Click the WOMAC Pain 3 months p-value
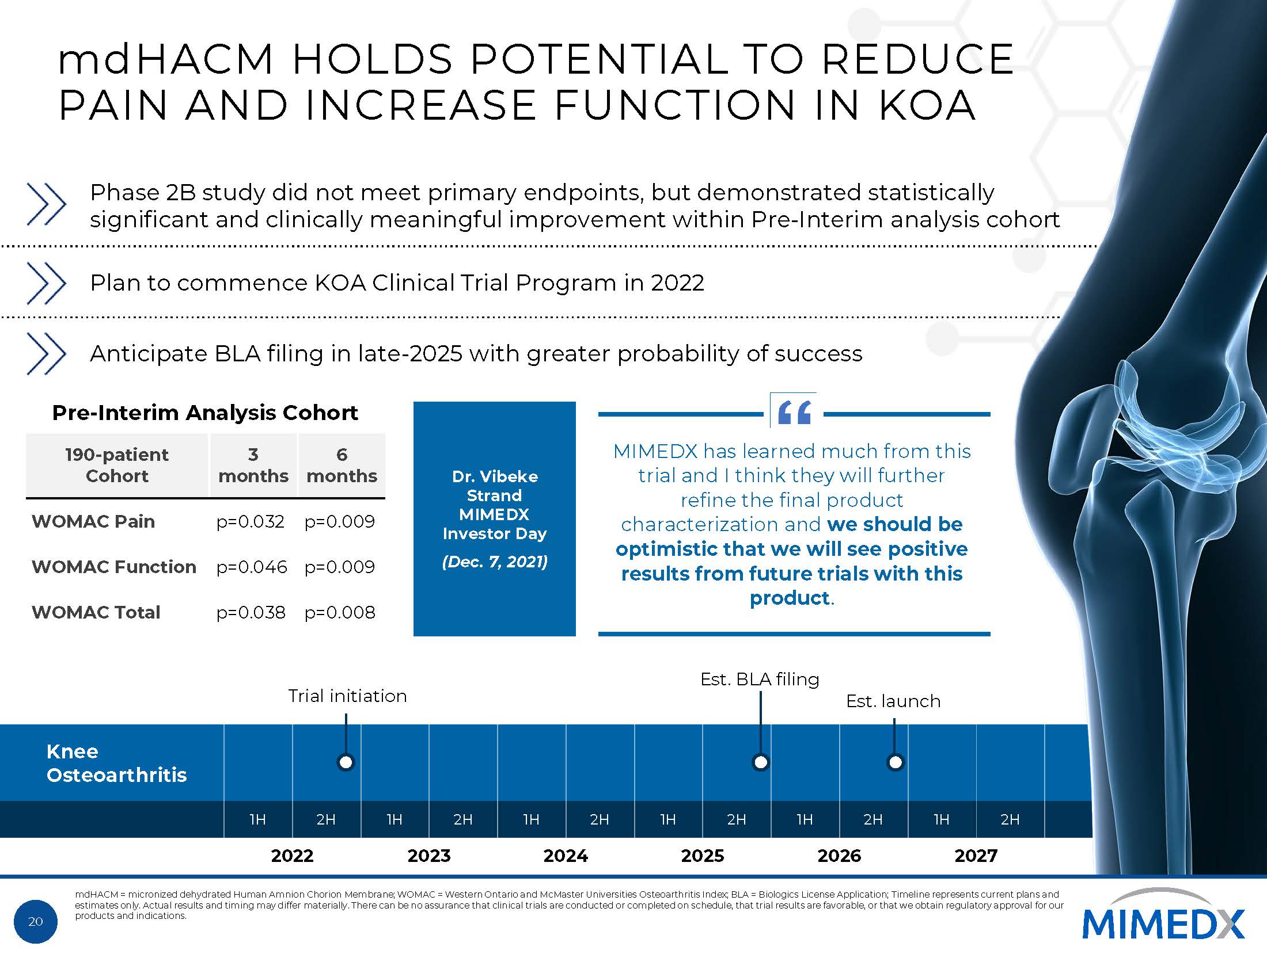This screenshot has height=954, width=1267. [x=251, y=521]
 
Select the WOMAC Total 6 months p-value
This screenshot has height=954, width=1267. [x=340, y=612]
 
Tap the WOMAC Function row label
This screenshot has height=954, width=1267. [x=114, y=567]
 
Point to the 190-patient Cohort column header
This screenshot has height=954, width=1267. [x=117, y=465]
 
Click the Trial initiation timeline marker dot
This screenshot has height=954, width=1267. [x=346, y=762]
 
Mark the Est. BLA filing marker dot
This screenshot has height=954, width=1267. [x=761, y=762]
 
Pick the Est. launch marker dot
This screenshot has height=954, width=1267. [x=895, y=762]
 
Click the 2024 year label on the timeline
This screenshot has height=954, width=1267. [x=566, y=856]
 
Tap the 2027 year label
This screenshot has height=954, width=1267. [x=976, y=856]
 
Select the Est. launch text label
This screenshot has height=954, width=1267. [x=893, y=701]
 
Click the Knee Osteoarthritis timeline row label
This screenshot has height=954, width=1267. [x=116, y=763]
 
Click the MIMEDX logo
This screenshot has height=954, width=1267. [x=1163, y=923]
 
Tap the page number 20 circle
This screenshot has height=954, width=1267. [x=36, y=921]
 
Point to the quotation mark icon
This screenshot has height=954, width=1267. [x=794, y=413]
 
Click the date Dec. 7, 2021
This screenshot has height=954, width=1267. [x=495, y=562]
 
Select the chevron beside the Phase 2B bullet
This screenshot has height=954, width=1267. [x=47, y=204]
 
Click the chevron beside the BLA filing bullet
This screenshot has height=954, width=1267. [x=47, y=353]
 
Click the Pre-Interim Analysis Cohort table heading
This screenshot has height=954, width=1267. [x=205, y=413]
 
